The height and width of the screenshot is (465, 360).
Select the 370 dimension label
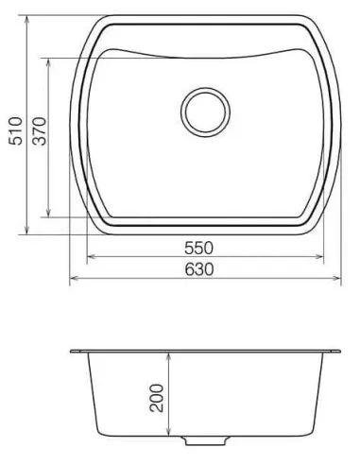(40, 129)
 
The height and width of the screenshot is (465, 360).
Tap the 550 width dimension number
(199, 248)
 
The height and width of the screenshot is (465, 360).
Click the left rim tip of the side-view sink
(73, 352)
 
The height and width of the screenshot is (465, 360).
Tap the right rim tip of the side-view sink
(338, 352)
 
